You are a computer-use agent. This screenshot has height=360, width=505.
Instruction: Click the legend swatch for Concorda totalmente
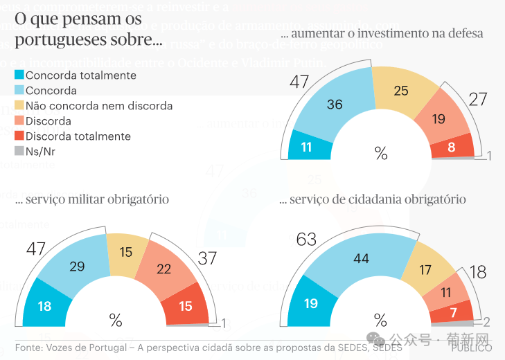coord(19,75)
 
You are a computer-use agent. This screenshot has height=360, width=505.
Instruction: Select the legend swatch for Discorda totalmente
coord(19,136)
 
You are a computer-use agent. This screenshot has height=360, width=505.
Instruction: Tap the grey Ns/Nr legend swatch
coord(19,150)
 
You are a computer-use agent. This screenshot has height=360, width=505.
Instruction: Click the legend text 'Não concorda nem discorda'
coord(99,106)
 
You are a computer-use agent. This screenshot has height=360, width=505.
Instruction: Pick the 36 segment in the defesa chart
coord(335,105)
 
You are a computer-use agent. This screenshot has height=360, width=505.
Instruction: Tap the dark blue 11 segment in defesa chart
coord(307,147)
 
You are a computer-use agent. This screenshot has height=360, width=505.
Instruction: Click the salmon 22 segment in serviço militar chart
coord(163,269)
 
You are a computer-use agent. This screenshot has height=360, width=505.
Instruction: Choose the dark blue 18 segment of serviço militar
coord(44,306)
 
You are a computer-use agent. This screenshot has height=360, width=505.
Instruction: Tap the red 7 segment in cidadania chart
coord(453,313)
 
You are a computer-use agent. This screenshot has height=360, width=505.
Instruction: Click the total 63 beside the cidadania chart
coord(305,240)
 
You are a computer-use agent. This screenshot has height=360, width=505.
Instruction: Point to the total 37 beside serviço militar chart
coord(207,258)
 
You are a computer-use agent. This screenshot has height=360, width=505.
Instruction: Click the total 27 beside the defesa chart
coord(478,99)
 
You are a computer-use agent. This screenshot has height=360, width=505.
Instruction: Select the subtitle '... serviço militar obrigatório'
coord(92,199)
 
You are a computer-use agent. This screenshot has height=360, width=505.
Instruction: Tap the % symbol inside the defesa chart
coord(380,153)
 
